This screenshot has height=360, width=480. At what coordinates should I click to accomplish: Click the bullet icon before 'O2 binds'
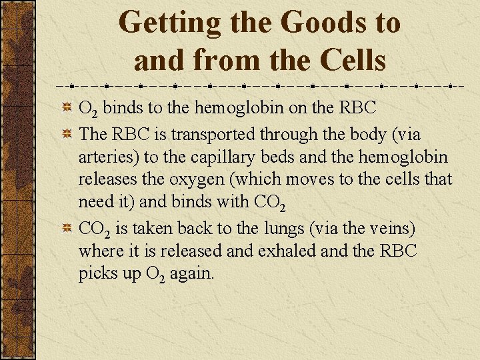coord(67,107)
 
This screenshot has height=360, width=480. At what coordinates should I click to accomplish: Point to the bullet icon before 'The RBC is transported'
coord(67,134)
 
